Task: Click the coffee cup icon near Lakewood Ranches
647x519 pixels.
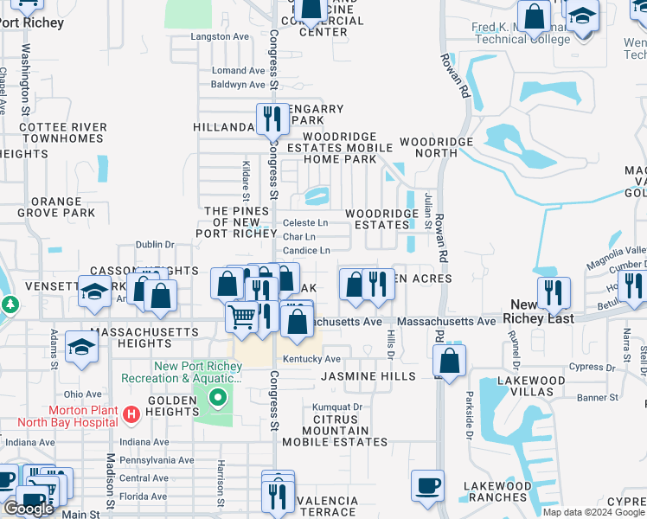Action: (x=427, y=485)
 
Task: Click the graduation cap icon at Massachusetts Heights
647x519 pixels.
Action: (x=82, y=346)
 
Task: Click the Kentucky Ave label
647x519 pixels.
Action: (x=311, y=359)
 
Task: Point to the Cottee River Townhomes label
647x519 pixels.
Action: (x=62, y=132)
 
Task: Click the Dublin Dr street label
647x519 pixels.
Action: (x=155, y=245)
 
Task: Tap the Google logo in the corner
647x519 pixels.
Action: (x=29, y=509)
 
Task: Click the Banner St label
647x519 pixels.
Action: (x=599, y=398)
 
